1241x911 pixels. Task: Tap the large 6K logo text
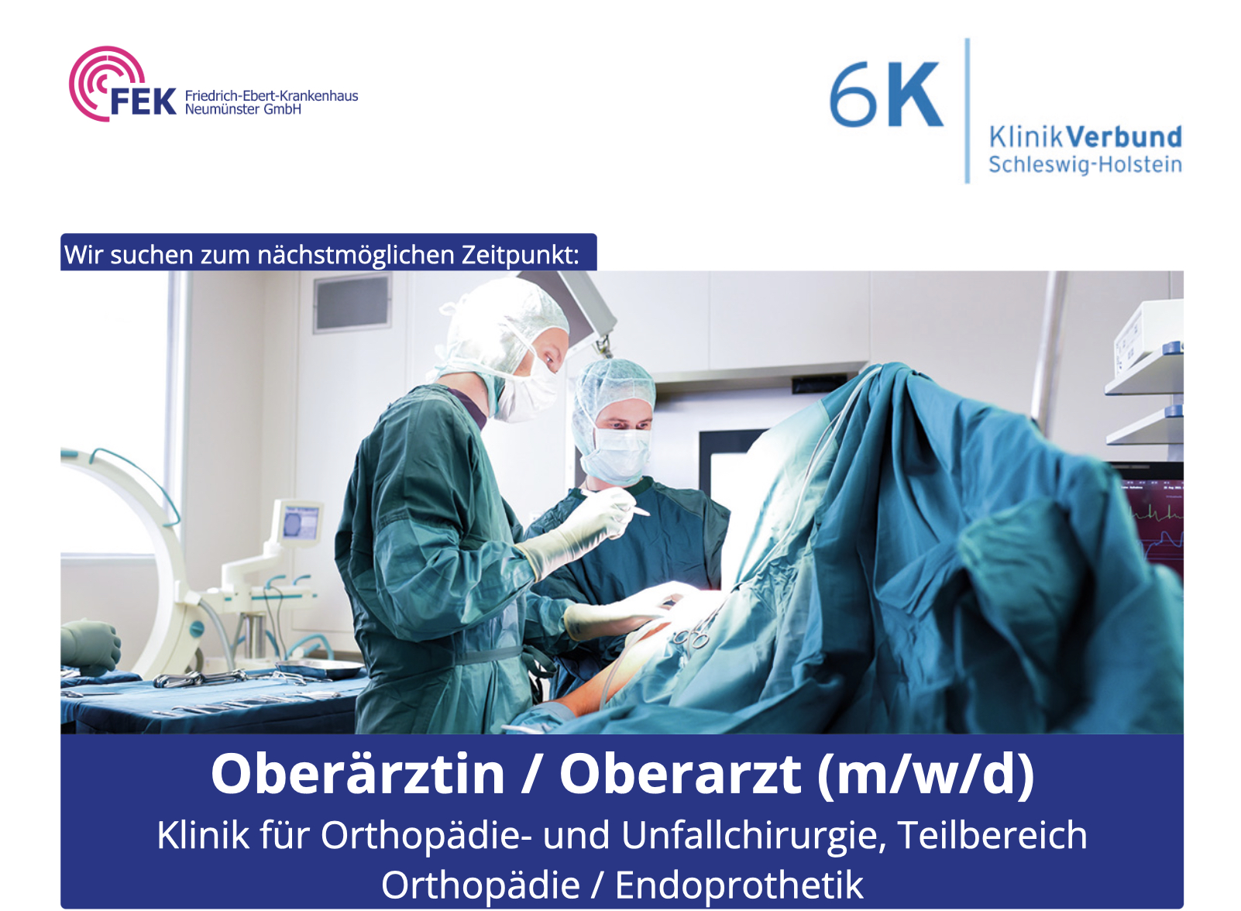(x=886, y=95)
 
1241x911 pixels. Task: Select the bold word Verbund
(x=1124, y=137)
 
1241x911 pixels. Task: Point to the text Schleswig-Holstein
(x=1085, y=165)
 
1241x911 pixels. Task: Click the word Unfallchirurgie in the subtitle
(x=753, y=836)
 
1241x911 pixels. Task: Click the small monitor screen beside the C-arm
(x=301, y=522)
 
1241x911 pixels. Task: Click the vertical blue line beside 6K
(x=967, y=110)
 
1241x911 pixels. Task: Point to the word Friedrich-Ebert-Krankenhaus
(x=271, y=96)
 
